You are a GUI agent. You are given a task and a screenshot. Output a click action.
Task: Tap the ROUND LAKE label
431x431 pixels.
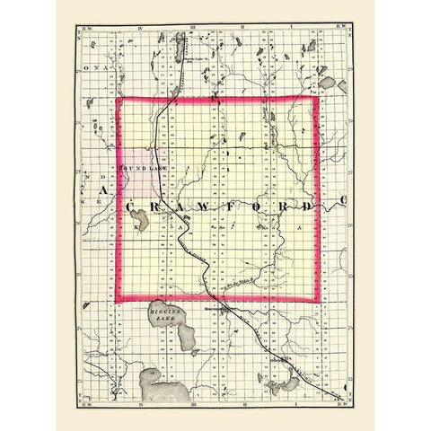pyautogui.click(x=138, y=168)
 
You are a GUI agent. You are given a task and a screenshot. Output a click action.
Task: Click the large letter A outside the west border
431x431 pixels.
pyautogui.click(x=104, y=192)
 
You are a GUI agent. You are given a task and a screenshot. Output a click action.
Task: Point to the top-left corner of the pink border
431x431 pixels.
pyautogui.click(x=119, y=99)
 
